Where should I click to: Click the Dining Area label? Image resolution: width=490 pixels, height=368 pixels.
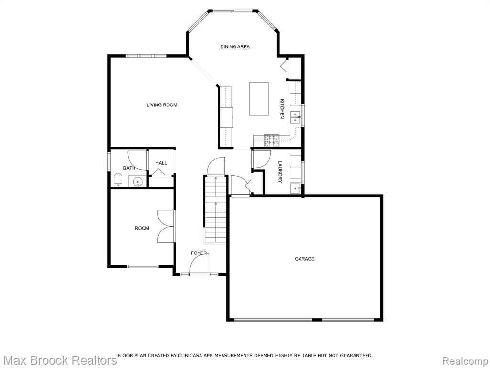[235, 47]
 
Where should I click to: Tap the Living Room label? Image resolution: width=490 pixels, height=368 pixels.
[162, 105]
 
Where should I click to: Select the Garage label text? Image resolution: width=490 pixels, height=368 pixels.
[305, 259]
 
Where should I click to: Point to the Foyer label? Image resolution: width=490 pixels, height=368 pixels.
[199, 253]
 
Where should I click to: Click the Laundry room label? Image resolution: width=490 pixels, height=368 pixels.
[280, 172]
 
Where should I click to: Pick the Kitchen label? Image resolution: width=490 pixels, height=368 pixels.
[282, 109]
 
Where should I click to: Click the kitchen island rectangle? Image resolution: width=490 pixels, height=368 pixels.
[259, 99]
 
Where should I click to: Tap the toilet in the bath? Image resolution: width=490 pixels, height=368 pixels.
[118, 180]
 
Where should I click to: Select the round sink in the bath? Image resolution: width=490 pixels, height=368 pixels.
[137, 182]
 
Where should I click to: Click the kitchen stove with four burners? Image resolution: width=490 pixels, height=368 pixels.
[272, 140]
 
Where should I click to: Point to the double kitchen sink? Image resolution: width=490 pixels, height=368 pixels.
[295, 117]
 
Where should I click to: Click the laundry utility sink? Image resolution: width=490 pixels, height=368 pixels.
[296, 188]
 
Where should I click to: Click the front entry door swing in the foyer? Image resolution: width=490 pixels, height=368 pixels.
[200, 264]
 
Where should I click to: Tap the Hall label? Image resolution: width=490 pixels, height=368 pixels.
[161, 163]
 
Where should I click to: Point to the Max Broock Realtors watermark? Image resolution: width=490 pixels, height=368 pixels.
[59, 360]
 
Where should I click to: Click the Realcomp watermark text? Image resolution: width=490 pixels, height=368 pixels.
[465, 360]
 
